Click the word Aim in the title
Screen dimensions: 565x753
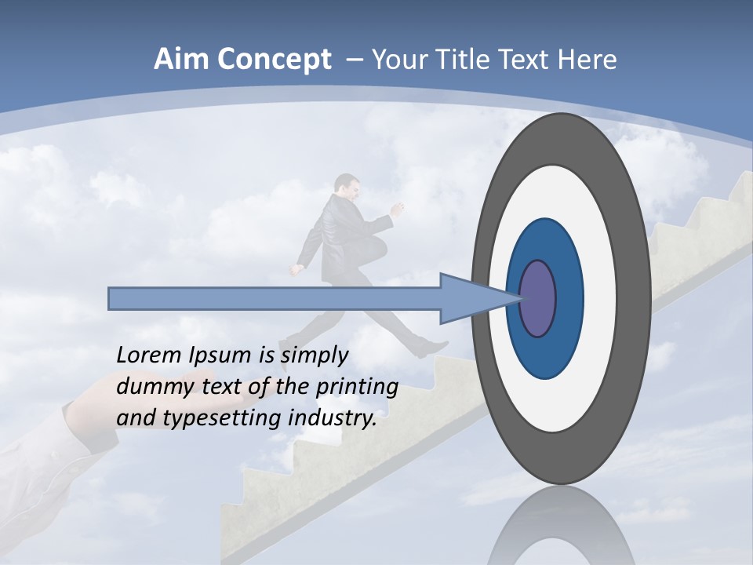click(x=182, y=60)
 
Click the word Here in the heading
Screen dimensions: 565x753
click(x=587, y=60)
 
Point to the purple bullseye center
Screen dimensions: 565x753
click(x=538, y=299)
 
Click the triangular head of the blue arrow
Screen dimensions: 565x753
click(x=471, y=299)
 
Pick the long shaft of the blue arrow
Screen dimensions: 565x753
click(x=275, y=299)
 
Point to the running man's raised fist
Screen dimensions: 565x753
click(x=398, y=209)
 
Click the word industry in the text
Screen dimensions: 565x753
click(x=333, y=417)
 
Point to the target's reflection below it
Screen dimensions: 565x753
click(x=560, y=530)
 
